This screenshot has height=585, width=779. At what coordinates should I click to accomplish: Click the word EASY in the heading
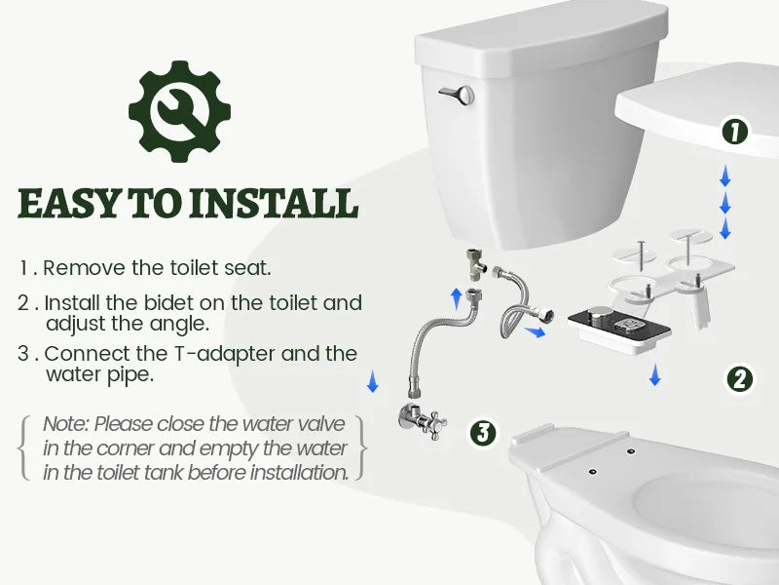(x=66, y=204)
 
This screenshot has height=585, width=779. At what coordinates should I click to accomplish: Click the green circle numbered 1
(x=734, y=131)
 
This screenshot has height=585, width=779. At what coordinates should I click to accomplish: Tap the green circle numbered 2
(x=740, y=379)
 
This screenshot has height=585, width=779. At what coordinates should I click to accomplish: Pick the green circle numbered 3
(x=484, y=431)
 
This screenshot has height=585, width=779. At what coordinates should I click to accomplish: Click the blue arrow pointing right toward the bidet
(x=533, y=332)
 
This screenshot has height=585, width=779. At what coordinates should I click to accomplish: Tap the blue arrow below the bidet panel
(x=655, y=374)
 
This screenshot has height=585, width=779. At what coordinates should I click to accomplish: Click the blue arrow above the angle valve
(x=372, y=381)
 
